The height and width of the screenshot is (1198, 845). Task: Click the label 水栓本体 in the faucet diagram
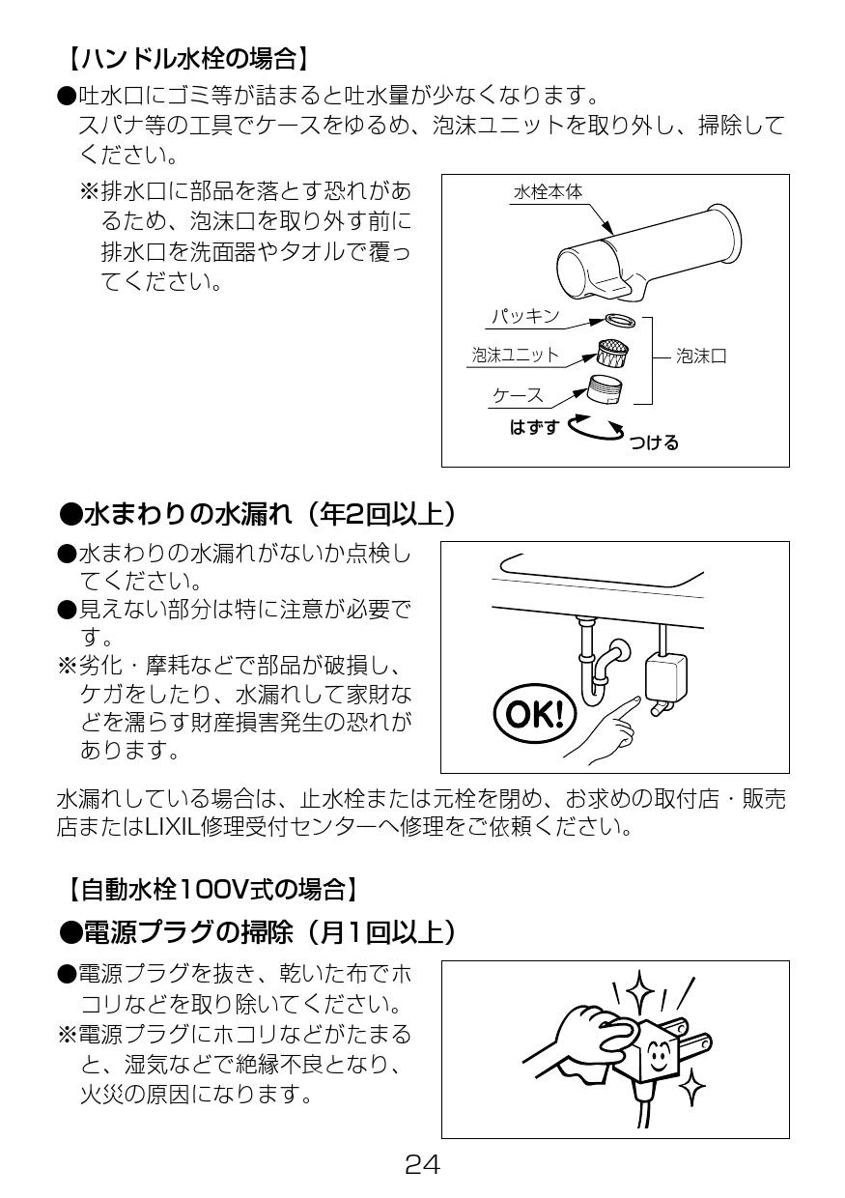pos(548,192)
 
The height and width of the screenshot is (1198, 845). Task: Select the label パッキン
pos(525,316)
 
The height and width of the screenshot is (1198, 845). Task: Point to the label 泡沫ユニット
pos(515,355)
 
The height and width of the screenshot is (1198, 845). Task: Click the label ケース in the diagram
pos(518,396)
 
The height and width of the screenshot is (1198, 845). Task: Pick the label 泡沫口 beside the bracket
pos(701,356)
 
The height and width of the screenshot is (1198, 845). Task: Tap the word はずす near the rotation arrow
pos(534,427)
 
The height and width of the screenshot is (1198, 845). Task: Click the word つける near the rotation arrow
pos(654,442)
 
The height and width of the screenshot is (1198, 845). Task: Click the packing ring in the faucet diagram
pos(621,321)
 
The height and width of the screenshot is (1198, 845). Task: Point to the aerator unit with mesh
pos(612,352)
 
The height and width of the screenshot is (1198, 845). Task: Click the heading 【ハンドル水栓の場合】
pos(188,58)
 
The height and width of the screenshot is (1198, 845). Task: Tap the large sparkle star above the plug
pos(639,992)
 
